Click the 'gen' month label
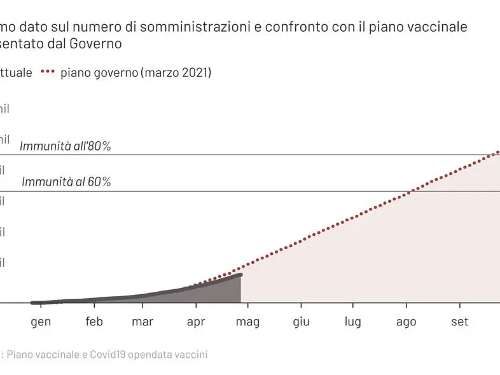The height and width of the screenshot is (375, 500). coord(41,322)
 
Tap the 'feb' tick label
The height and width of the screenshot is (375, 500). coord(94,322)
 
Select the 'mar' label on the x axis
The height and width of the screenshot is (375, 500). coord(142,322)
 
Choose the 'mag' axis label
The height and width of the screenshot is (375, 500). coord(247,322)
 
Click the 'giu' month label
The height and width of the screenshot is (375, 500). coord(301,322)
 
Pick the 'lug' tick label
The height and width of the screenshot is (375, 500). coord(353,322)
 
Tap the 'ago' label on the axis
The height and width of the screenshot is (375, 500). coord(406,322)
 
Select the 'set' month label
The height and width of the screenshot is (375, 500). coord(459,322)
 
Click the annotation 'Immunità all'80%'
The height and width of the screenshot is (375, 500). coord(66,146)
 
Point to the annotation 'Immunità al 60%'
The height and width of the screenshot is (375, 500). coord(66,182)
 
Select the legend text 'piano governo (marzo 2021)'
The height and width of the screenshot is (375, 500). coord(136,73)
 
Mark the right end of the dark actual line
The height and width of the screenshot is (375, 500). coord(240,275)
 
